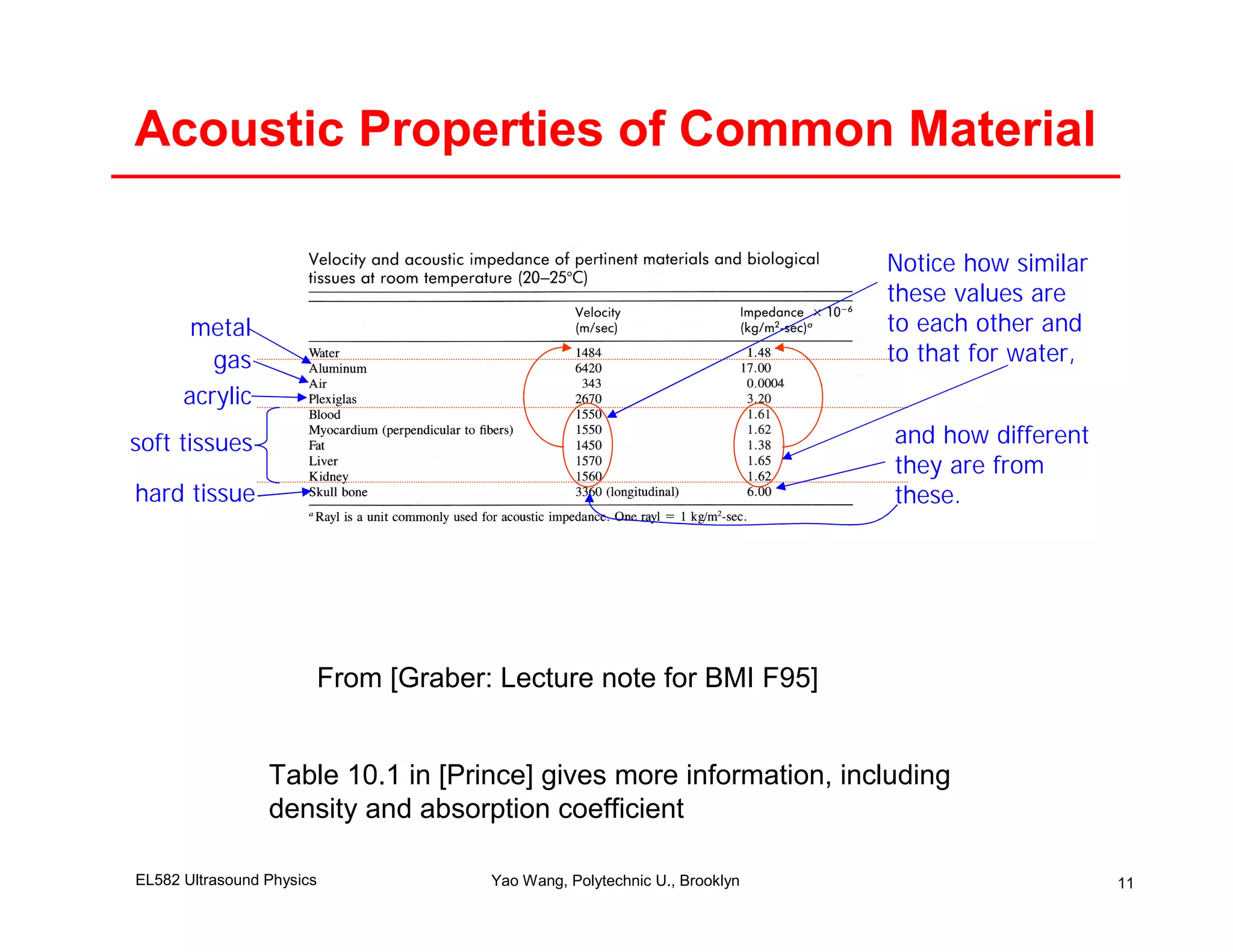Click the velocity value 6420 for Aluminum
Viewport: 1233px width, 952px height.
click(588, 368)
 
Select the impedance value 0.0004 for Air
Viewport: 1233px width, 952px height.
click(765, 383)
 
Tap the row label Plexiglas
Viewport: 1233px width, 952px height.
click(332, 399)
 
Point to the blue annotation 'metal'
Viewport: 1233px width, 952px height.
click(220, 328)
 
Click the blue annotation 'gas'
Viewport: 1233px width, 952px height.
click(232, 360)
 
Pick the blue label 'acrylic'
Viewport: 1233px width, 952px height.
click(217, 396)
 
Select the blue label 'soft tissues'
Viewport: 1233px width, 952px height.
click(191, 443)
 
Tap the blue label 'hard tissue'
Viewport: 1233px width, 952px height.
click(195, 493)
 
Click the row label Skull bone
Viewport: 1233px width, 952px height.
click(338, 492)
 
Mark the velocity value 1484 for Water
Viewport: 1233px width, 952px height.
click(588, 353)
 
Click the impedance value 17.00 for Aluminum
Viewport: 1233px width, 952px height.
click(756, 368)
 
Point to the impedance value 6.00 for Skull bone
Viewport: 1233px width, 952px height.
click(759, 492)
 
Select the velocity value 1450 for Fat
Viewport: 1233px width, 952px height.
click(588, 445)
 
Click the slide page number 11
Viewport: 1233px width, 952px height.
click(1125, 883)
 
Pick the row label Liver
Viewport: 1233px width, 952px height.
click(323, 461)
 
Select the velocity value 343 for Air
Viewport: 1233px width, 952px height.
click(591, 383)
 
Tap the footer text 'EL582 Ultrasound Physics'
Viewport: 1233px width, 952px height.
click(226, 880)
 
